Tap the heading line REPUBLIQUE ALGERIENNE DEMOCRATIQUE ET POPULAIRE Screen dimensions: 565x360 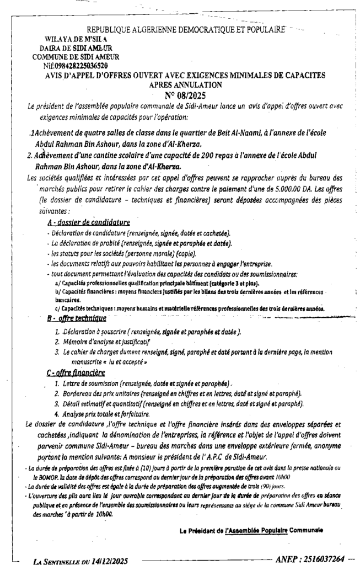click(x=186, y=29)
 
